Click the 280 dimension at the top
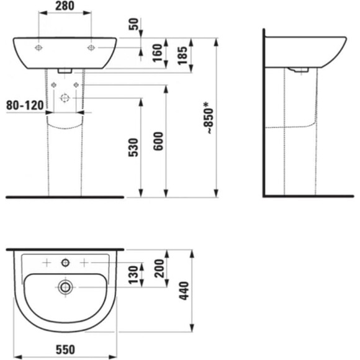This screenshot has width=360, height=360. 65,7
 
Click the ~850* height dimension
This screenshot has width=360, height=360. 210,118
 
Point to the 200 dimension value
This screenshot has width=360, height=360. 158,268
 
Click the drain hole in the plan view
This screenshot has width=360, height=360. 65,287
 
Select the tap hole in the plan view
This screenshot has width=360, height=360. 65,263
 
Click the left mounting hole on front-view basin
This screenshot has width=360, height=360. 38,47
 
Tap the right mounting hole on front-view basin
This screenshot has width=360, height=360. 91,47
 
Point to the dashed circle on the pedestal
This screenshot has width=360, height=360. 65,97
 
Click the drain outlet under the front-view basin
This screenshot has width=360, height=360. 65,70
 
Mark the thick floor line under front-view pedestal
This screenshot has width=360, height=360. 65,197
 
